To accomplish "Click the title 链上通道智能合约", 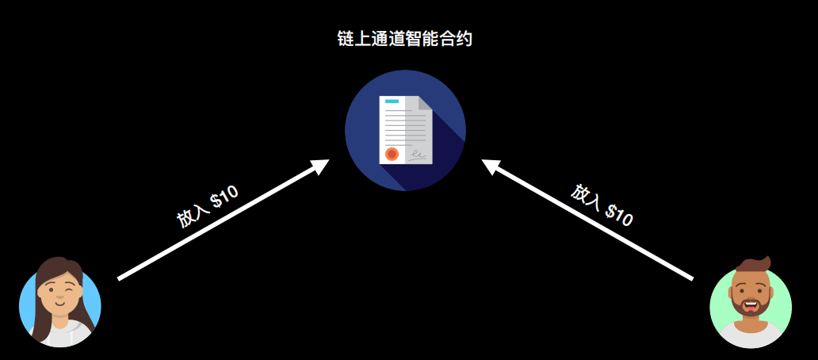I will click(404, 40).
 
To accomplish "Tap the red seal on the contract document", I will click(392, 153).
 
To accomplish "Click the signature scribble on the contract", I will click(419, 154).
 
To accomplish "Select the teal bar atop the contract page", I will click(392, 101).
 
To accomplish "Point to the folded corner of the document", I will click(425, 103).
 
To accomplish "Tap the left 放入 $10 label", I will click(207, 208).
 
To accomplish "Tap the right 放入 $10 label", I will click(602, 205).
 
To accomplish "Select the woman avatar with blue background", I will click(59, 305).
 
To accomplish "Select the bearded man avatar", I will click(750, 306).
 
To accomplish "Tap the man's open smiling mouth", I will click(750, 302).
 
